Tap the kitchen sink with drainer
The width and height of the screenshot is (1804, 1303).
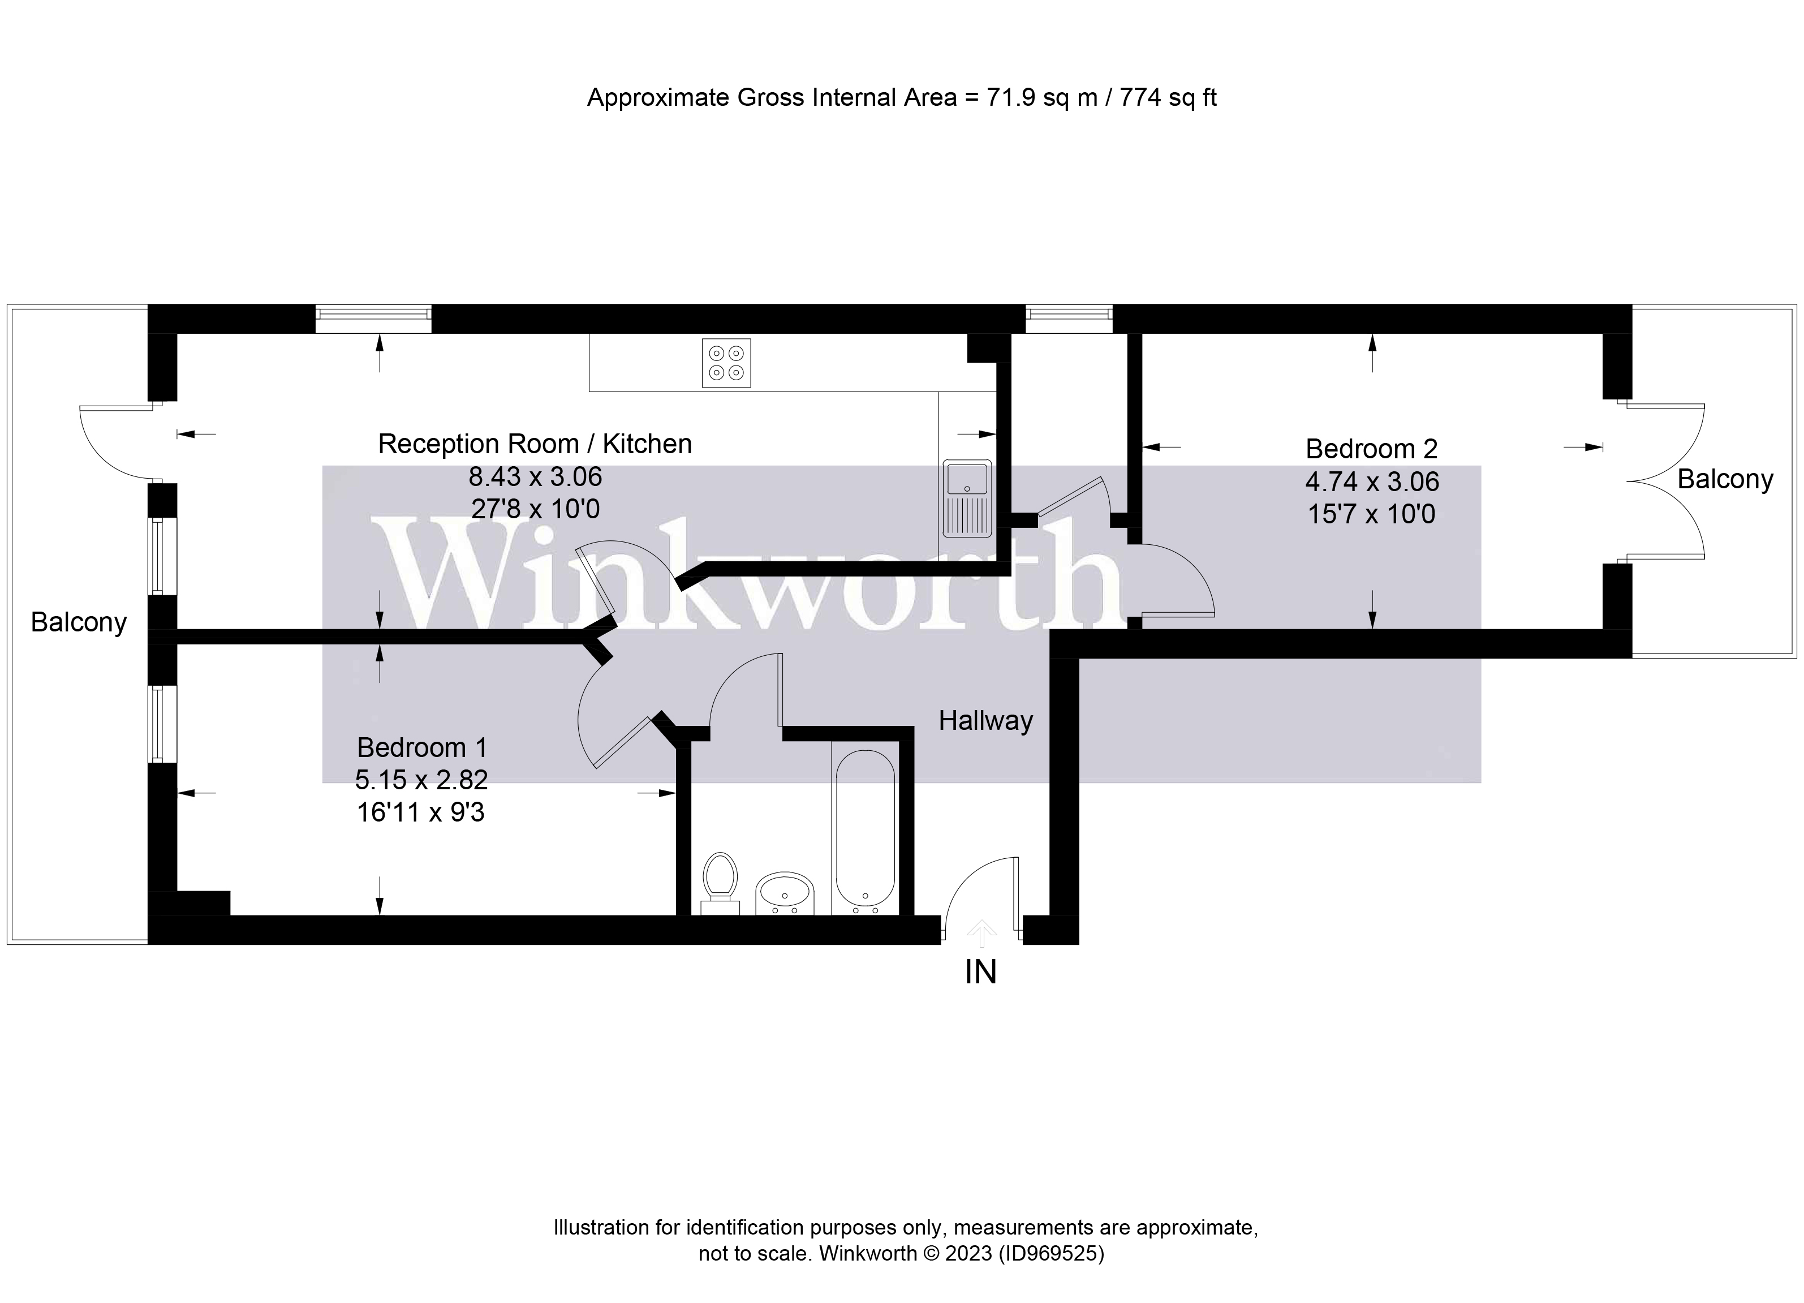966,498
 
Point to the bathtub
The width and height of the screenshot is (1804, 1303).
866,829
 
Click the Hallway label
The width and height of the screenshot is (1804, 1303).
985,721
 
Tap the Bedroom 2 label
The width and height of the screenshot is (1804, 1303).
1371,449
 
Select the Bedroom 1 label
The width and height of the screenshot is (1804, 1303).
421,748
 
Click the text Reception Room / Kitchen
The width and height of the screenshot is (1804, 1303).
535,444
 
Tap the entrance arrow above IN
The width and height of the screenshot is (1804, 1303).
981,932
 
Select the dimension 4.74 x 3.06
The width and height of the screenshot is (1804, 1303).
1372,481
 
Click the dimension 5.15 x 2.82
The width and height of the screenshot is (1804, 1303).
421,780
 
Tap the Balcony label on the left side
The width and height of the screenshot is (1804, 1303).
79,622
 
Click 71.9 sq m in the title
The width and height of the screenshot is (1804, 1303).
1042,97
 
